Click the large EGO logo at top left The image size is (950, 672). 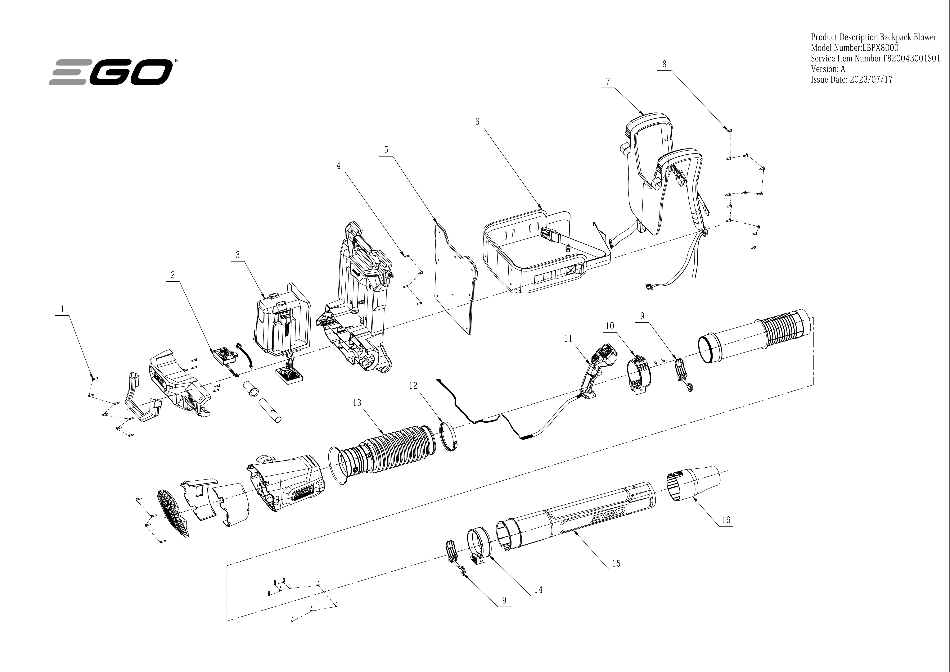pos(111,72)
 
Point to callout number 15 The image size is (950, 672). pos(616,563)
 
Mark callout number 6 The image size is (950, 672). pos(477,122)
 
